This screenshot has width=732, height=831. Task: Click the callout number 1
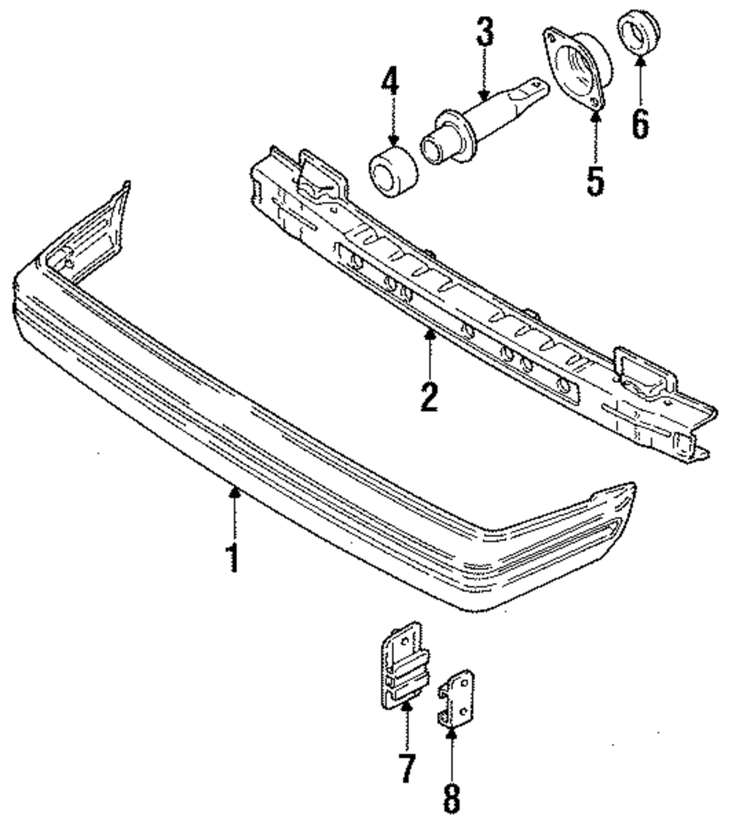point(234,556)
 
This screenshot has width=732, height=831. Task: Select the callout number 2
point(430,395)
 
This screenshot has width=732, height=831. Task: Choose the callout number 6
point(640,124)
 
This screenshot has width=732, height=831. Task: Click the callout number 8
point(452,795)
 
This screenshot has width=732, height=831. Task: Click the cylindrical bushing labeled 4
point(394,173)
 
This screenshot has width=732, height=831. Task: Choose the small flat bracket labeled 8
point(455,698)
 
